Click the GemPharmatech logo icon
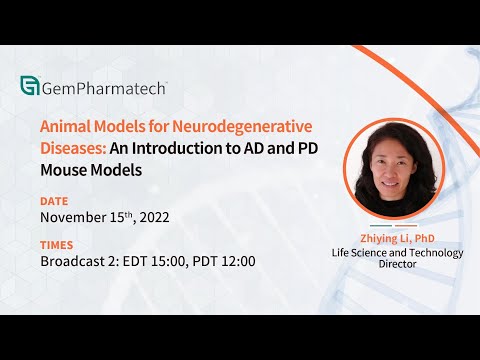(29, 88)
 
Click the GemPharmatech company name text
(103, 88)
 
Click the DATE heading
(55, 200)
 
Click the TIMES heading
(57, 245)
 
